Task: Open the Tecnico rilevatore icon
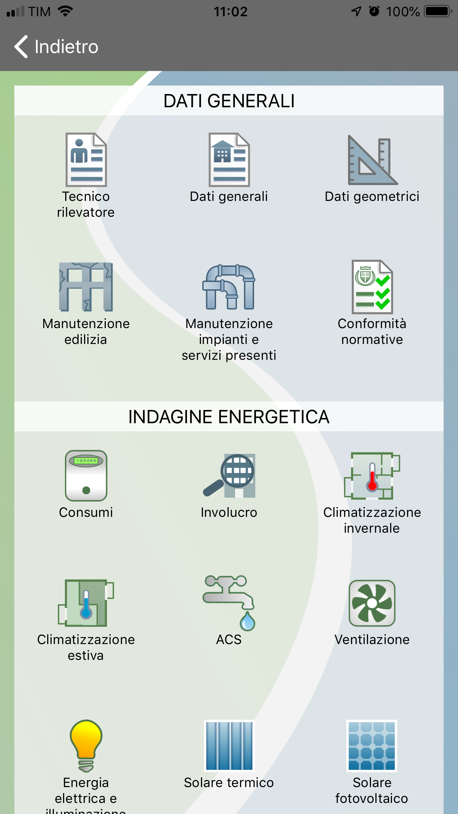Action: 86,160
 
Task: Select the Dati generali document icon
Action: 229,160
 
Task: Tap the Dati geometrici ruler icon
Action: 372,160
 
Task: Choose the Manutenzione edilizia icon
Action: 86,287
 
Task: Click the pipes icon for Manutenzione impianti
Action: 229,287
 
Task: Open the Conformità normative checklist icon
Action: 372,287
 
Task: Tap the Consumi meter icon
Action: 86,476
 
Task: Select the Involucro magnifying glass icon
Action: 229,476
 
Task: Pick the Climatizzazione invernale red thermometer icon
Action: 372,476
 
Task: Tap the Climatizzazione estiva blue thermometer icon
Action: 86,603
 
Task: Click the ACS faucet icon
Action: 229,603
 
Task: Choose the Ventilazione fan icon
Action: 372,603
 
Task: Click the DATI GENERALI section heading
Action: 229,101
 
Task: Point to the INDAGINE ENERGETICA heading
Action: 229,417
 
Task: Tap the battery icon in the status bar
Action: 438,11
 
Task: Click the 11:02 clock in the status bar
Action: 231,12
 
